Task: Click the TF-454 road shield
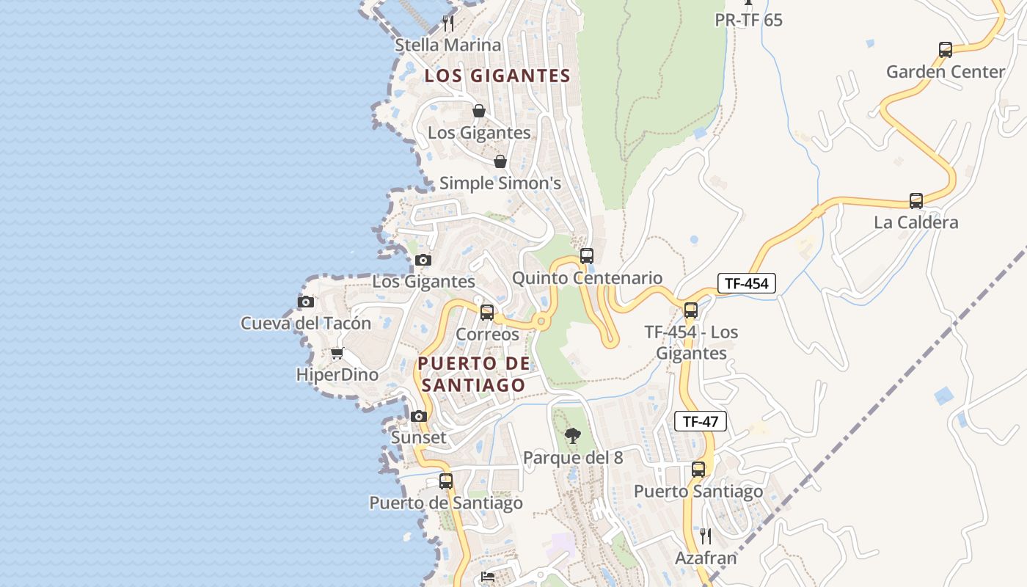(746, 283)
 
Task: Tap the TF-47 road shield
(700, 421)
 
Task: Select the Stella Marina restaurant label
(447, 45)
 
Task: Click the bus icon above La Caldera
(915, 201)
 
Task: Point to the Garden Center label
(945, 72)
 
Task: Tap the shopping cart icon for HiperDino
(337, 354)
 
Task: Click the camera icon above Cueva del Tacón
(306, 302)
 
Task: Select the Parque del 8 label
(572, 458)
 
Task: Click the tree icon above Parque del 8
(572, 437)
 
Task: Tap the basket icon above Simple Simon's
(500, 161)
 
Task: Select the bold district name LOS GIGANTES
(497, 76)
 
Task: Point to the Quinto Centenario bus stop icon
(586, 256)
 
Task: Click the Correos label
(487, 335)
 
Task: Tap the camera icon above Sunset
(419, 417)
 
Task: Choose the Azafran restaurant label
(705, 558)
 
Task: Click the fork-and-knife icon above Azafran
(705, 536)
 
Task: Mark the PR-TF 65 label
(748, 20)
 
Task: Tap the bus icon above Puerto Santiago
(698, 470)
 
